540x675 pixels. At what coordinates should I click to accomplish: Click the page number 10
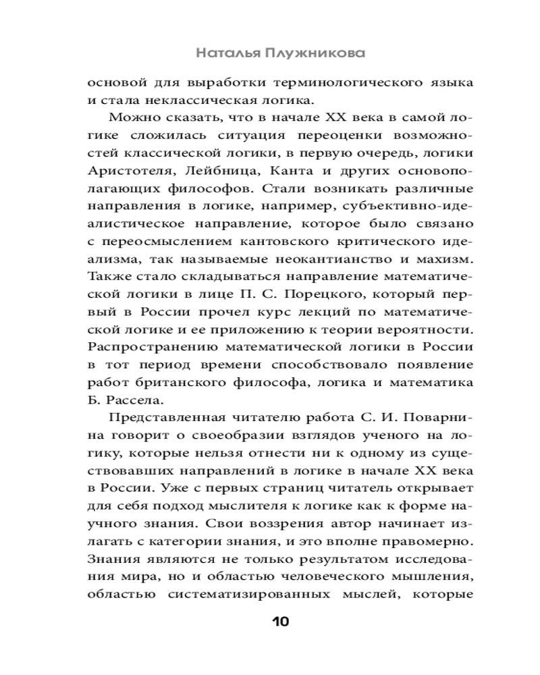279,622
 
